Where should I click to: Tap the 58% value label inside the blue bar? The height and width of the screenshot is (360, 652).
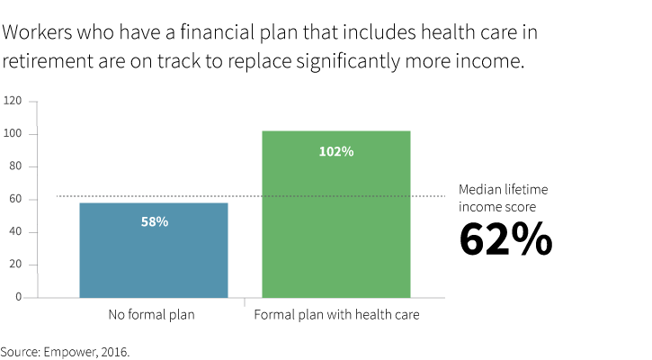[154, 221]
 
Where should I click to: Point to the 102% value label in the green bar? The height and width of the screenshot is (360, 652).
[336, 151]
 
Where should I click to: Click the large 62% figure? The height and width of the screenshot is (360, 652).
[505, 239]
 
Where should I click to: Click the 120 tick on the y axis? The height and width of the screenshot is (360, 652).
[13, 101]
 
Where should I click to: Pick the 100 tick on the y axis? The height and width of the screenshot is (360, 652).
[13, 134]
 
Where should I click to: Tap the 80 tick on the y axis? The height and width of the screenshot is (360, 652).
[16, 166]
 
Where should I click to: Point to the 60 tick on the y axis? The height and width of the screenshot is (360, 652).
[16, 199]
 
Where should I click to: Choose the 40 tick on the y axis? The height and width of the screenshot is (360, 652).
[16, 232]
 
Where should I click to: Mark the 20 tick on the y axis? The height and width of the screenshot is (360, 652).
[16, 265]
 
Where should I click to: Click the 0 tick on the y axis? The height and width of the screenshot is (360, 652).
[19, 297]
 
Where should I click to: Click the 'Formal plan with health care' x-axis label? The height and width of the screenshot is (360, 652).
[336, 316]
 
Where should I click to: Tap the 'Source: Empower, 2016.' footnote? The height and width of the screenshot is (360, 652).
[65, 351]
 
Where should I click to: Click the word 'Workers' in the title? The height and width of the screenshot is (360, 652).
[36, 34]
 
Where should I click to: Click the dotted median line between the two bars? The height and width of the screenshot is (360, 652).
[245, 196]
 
